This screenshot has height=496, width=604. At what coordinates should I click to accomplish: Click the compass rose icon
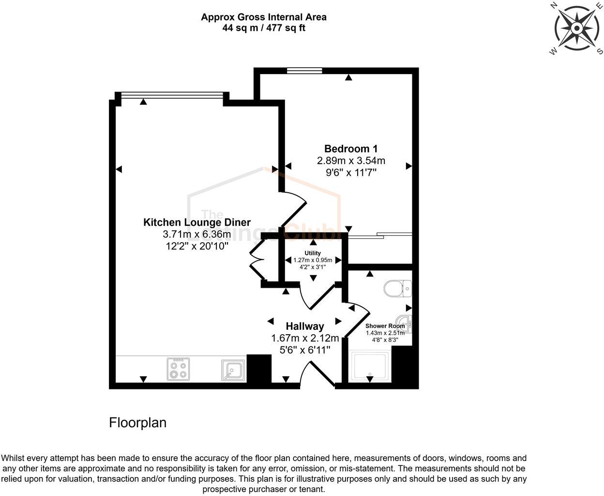[576, 28]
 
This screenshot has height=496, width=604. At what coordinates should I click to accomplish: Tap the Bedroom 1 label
[350, 149]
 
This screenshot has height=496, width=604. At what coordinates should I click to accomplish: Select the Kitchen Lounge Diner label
[196, 222]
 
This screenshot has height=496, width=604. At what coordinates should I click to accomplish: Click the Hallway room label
[304, 326]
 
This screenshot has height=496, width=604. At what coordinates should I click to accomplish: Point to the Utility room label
[313, 253]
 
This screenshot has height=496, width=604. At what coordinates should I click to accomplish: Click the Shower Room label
[385, 326]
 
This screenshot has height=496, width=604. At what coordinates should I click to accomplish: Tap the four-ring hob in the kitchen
[178, 369]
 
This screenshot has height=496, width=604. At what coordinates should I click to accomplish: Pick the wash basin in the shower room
[404, 323]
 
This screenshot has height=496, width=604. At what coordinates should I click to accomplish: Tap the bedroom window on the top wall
[304, 71]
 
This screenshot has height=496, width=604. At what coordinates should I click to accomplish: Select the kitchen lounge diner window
[172, 95]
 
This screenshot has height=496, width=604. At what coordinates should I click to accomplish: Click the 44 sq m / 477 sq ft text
[264, 28]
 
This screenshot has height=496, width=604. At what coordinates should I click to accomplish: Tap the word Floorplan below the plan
[137, 423]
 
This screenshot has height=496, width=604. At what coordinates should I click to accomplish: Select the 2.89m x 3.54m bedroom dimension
[350, 161]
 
